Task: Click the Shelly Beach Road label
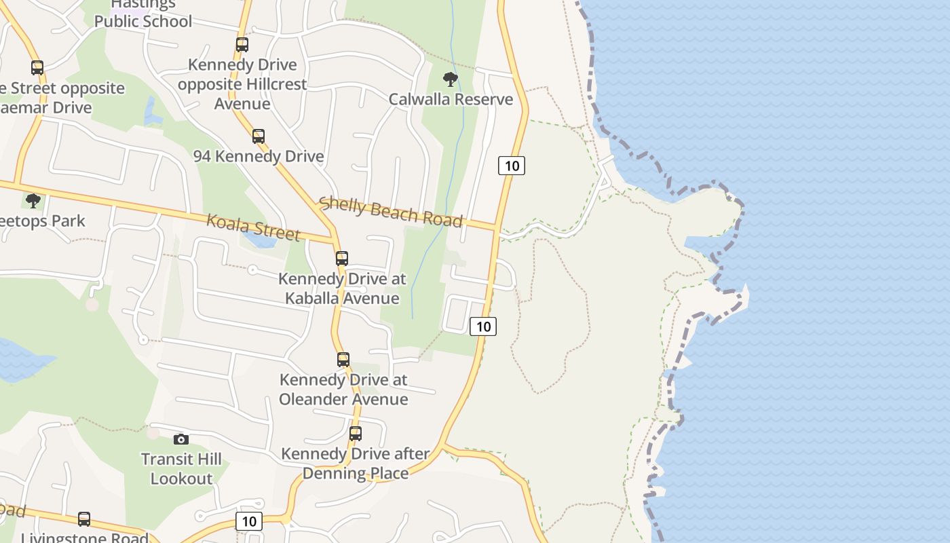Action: [x=391, y=212]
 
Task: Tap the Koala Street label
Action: [x=253, y=227]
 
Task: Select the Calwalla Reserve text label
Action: [x=451, y=99]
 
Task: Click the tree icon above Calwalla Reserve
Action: [x=450, y=79]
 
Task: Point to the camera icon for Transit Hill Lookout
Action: [x=180, y=439]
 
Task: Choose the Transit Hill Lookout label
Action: [x=181, y=469]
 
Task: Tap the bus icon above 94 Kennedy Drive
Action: [x=259, y=136]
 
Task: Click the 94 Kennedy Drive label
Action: [x=259, y=156]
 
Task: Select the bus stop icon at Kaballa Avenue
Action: [x=342, y=258]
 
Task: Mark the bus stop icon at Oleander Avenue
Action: [x=343, y=359]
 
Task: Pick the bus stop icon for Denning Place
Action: [x=356, y=433]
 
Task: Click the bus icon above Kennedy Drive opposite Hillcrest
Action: [x=242, y=45]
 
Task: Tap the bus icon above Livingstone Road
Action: [x=84, y=519]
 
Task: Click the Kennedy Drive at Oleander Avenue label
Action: [x=343, y=390]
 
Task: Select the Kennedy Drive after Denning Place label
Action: [x=356, y=463]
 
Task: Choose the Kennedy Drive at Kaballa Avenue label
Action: [x=342, y=288]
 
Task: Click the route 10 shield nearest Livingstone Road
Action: [x=249, y=521]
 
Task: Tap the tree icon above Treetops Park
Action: [x=33, y=201]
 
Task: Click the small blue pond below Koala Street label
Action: [x=259, y=240]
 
